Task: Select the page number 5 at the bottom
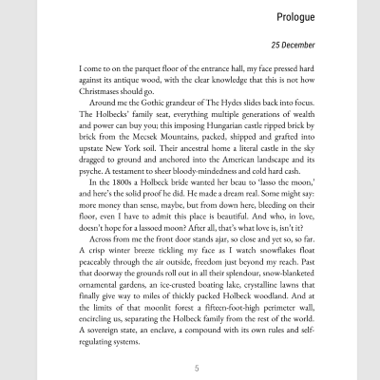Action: point(196,368)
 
